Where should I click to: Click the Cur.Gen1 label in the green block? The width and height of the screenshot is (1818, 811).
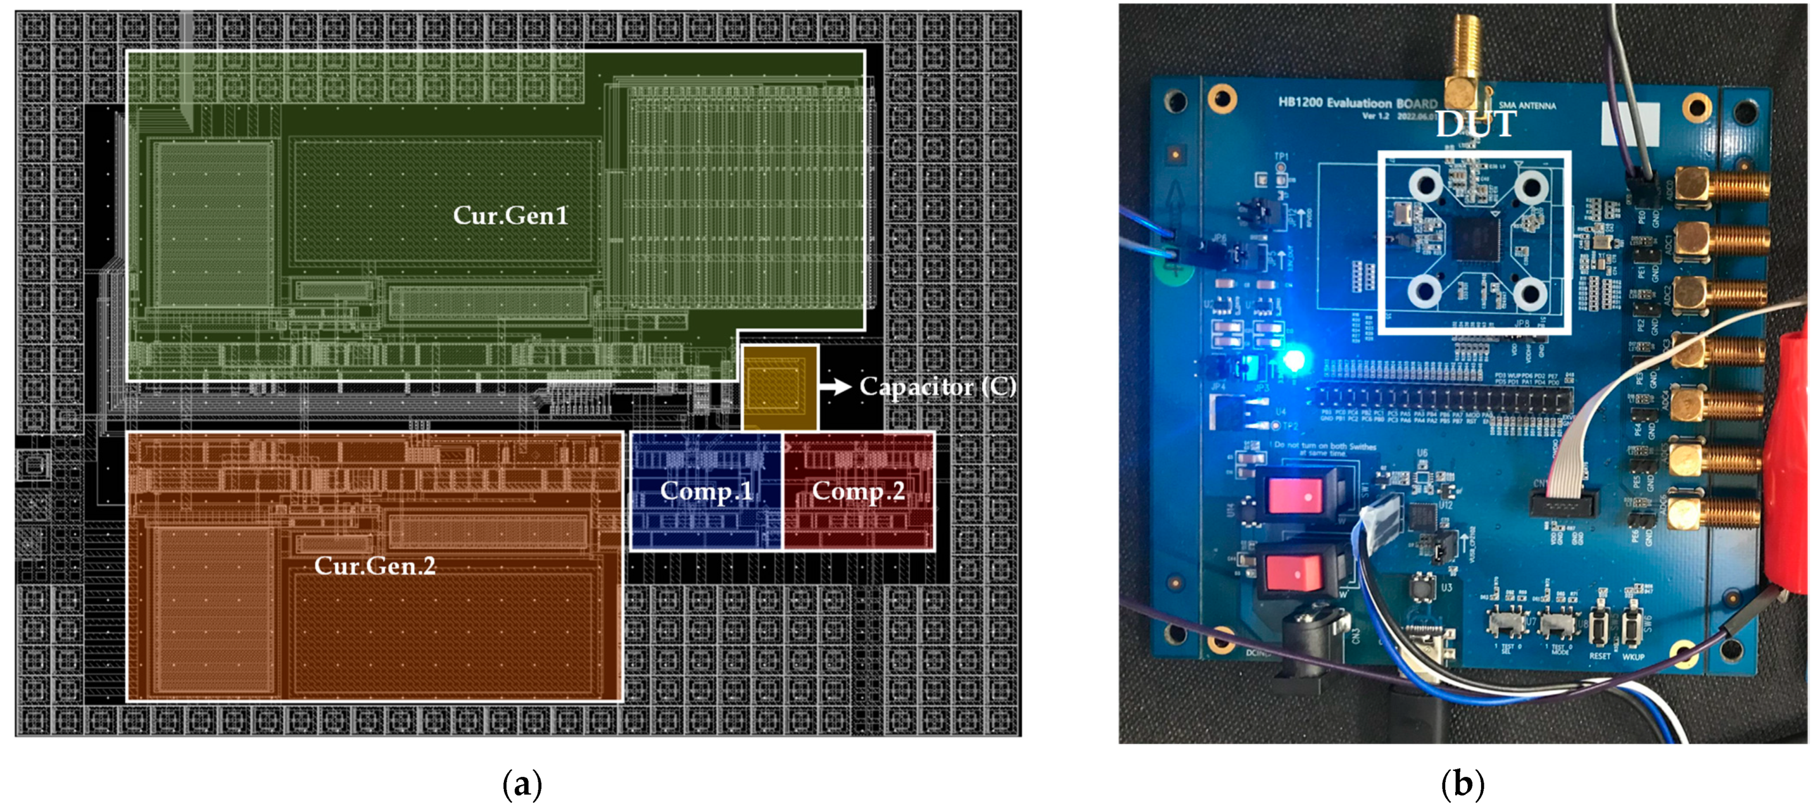pyautogui.click(x=510, y=215)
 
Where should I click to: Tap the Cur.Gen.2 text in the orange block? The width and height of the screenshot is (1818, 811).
pyautogui.click(x=375, y=565)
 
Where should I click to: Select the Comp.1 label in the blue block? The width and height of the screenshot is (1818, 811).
pyautogui.click(x=706, y=491)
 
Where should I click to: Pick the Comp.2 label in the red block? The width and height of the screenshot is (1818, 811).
pyautogui.click(x=858, y=491)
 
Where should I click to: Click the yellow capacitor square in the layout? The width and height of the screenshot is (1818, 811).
pyautogui.click(x=779, y=387)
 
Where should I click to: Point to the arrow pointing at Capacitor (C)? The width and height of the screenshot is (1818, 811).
pyautogui.click(x=834, y=386)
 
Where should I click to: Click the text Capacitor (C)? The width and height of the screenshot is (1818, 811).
pyautogui.click(x=937, y=386)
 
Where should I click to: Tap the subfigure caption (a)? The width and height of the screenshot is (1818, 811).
pyautogui.click(x=522, y=783)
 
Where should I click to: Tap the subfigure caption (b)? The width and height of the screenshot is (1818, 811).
pyautogui.click(x=1463, y=783)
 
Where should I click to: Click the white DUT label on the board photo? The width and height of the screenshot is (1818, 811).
pyautogui.click(x=1475, y=124)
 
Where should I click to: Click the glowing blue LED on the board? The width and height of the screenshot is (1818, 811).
pyautogui.click(x=1293, y=361)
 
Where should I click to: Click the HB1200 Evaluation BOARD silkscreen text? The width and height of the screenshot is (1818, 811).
pyautogui.click(x=1356, y=103)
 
